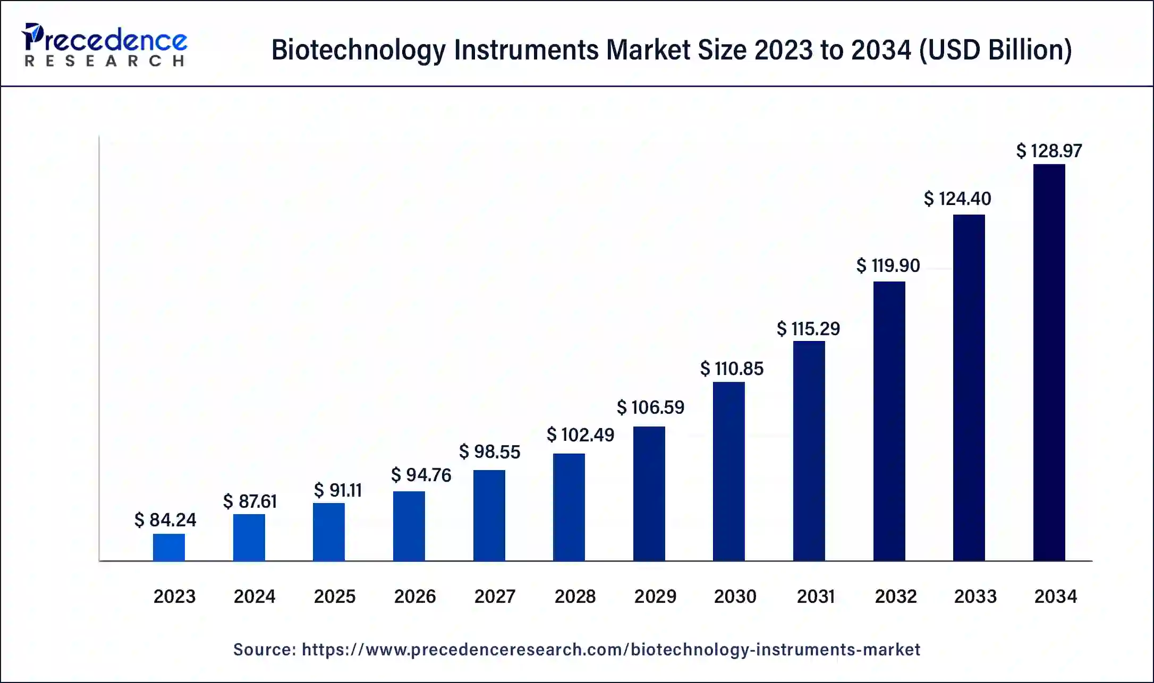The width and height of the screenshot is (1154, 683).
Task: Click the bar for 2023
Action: [169, 547]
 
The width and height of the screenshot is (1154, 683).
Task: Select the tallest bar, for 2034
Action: [1049, 363]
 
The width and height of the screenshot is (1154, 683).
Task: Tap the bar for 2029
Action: [649, 493]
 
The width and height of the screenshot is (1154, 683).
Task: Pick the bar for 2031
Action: [809, 451]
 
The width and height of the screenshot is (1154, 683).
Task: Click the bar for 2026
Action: [409, 526]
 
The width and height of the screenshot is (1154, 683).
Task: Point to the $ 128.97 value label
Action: [1049, 151]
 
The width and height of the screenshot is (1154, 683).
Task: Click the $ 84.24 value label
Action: [165, 519]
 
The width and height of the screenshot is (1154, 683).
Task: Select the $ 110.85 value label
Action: [732, 368]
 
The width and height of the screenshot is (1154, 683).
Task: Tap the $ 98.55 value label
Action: [489, 451]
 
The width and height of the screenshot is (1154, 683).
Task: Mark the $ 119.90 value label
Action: [888, 265]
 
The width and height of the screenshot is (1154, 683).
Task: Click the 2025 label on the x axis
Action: [334, 596]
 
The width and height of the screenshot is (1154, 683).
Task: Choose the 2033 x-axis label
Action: [975, 596]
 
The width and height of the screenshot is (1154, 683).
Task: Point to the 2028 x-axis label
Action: [575, 596]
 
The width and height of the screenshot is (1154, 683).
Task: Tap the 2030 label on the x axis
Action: [735, 596]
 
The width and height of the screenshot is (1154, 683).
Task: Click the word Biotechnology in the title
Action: [359, 50]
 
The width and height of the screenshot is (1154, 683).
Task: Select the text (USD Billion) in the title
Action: [995, 50]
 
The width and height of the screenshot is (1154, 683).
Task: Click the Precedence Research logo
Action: [104, 45]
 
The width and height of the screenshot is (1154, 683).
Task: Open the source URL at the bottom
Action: [610, 650]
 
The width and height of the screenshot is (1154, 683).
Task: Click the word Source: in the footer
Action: [265, 650]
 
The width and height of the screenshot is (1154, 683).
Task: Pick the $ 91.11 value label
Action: [337, 490]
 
